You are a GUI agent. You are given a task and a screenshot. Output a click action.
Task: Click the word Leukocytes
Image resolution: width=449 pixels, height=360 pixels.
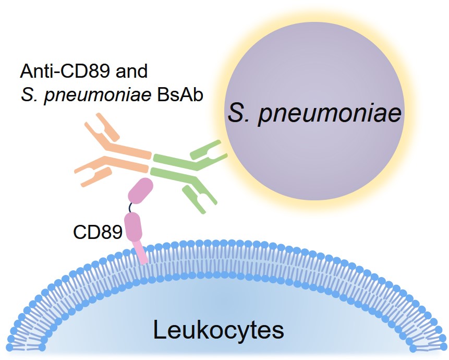click(219, 330)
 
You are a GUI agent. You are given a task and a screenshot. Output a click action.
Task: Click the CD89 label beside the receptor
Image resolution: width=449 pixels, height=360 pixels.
click(98, 231)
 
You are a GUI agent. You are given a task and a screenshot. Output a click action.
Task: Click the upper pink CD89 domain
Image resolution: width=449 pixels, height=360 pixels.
click(140, 190)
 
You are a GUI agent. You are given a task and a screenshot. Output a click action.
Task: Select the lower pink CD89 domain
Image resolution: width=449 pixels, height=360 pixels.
click(132, 225)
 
